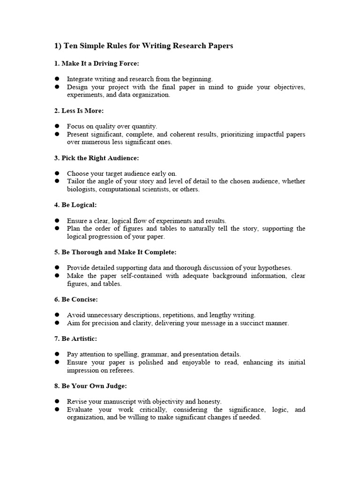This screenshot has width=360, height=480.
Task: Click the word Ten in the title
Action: pos(71,46)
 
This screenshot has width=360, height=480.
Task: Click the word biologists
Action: pos(82,189)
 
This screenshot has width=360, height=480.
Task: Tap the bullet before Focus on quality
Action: pos(57,126)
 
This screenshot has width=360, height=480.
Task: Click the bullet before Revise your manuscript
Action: pos(57,402)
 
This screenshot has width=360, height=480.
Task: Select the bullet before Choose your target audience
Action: pos(57,173)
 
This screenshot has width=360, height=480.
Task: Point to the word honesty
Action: pos(209,402)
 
